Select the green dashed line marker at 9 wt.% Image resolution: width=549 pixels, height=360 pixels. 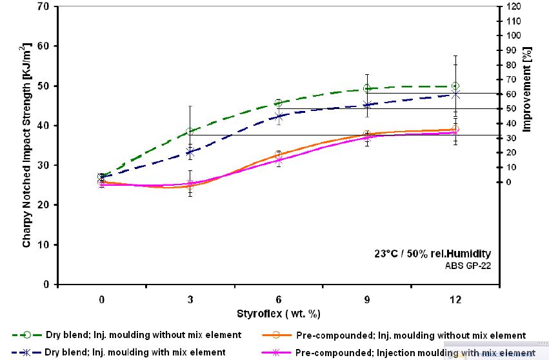point(367,88)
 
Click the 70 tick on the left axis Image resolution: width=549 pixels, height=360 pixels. point(45,6)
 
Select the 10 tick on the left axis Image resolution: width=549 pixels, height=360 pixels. point(45,245)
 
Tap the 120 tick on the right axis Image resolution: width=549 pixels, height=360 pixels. point(514,6)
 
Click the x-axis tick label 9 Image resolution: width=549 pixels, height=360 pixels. point(367,300)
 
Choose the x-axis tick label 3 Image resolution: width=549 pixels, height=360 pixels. point(190,300)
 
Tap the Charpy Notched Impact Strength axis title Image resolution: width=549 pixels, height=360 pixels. point(26,146)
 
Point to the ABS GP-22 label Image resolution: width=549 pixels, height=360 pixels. point(463,265)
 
